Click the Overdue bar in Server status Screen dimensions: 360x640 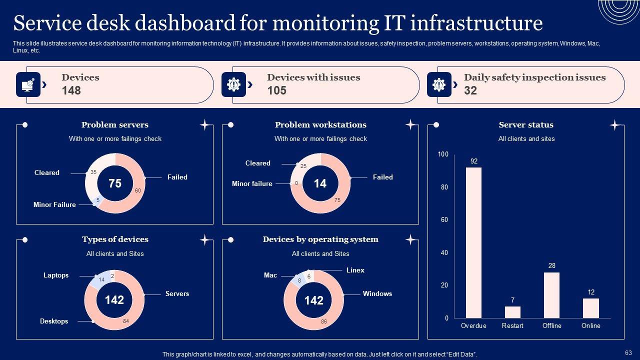tap(473, 242)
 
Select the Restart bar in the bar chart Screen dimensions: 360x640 tap(512, 312)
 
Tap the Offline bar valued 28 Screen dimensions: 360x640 tap(551, 295)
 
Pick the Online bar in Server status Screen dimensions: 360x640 tap(590, 308)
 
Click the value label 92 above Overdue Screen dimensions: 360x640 tap(474, 161)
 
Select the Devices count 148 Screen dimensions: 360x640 tap(71, 90)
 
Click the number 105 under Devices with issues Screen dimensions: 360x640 tap(276, 90)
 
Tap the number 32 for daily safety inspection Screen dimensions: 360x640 tap(470, 90)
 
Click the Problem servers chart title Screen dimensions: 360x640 tap(115, 125)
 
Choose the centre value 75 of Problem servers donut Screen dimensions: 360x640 tap(115, 183)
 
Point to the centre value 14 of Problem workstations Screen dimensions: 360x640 tap(320, 183)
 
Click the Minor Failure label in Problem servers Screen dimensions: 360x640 tap(54, 204)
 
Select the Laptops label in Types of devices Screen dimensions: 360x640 tap(56, 275)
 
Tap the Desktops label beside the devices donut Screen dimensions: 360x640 tap(54, 321)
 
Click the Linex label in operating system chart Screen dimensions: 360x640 tap(355, 270)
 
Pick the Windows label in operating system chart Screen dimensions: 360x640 tap(377, 293)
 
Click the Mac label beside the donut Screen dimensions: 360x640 tap(270, 275)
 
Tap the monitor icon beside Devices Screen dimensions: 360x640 tap(28, 84)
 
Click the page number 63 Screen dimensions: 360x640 tap(628, 352)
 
